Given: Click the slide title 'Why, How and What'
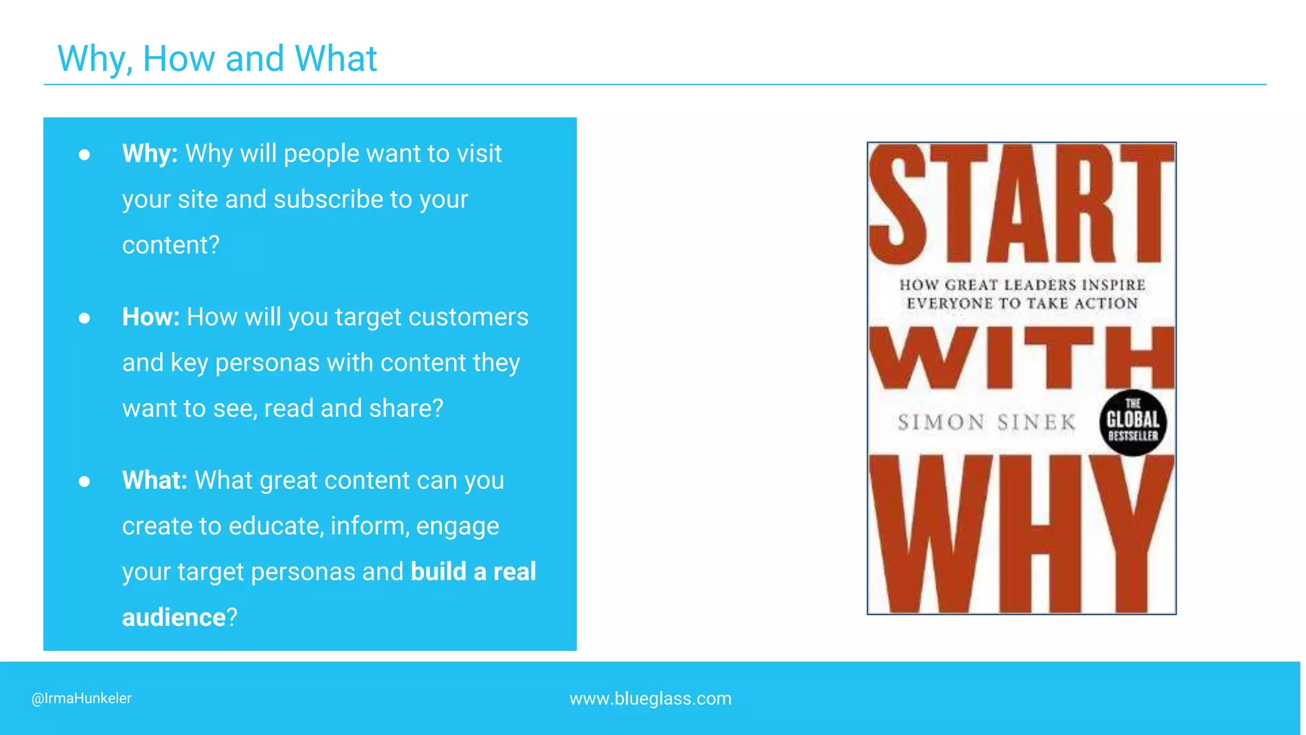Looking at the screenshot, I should (x=217, y=59).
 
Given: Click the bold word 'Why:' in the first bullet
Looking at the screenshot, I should (x=150, y=154).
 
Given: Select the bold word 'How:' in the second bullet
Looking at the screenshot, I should (x=150, y=317).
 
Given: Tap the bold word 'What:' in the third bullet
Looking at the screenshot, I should (x=154, y=480).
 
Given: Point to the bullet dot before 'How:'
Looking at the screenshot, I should (x=84, y=318).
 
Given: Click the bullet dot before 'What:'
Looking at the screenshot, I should (x=84, y=481).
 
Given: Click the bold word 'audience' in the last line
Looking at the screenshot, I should (x=173, y=618).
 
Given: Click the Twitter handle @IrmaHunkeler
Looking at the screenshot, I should (x=82, y=699).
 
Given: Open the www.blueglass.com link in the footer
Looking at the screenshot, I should (x=650, y=699).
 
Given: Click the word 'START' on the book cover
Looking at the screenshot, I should (x=1021, y=204).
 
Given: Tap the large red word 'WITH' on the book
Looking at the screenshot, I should (x=1021, y=357).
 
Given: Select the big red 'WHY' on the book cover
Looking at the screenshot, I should (x=1021, y=535).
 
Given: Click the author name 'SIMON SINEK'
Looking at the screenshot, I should (x=987, y=422).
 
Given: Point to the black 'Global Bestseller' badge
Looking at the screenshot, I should (x=1133, y=422).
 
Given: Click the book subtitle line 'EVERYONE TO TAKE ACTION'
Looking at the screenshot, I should (x=1022, y=304).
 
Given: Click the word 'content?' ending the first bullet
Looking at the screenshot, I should (x=171, y=246).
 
